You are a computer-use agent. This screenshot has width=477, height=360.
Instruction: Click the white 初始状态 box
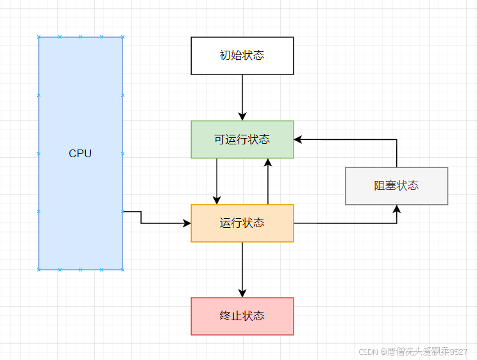tap(242, 56)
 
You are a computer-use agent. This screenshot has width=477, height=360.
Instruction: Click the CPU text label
tap(80, 154)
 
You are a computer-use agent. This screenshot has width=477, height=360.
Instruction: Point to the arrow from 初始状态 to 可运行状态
tap(242, 96)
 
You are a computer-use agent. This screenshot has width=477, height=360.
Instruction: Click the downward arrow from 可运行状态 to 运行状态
tap(217, 180)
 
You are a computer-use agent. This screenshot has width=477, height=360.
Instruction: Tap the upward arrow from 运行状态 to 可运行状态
tap(268, 183)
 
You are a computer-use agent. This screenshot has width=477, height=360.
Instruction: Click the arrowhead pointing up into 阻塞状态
tap(397, 210)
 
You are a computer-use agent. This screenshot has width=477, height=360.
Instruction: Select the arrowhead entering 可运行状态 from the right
tap(298, 139)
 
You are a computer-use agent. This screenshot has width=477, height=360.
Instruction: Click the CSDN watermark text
tap(412, 352)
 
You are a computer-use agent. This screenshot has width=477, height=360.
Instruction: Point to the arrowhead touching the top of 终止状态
tap(242, 293)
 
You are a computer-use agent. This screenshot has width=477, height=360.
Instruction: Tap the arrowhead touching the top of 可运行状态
tap(242, 116)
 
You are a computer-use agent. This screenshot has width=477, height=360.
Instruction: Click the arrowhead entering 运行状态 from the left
tap(187, 223)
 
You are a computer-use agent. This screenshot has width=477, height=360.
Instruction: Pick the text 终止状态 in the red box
tap(242, 316)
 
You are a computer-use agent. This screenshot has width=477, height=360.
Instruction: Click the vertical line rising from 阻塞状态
tap(397, 154)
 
